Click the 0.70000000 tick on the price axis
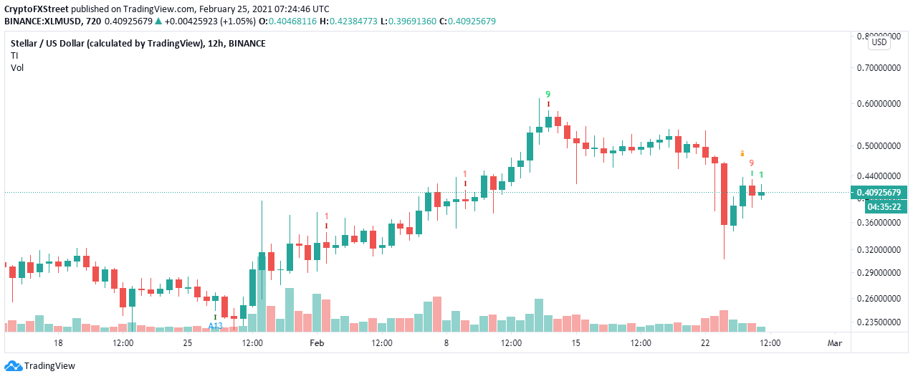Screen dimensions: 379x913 pyautogui.click(x=879, y=68)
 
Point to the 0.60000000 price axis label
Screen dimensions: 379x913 pyautogui.click(x=879, y=103)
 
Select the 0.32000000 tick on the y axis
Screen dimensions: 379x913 pyautogui.click(x=879, y=250)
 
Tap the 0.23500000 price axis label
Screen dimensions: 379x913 pyautogui.click(x=879, y=322)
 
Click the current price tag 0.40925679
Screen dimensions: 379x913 pyautogui.click(x=879, y=193)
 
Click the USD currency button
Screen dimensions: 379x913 pyautogui.click(x=879, y=42)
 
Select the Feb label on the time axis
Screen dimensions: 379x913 pyautogui.click(x=317, y=343)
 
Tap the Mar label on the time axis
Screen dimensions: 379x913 pyautogui.click(x=835, y=343)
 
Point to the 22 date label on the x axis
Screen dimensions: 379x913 pyautogui.click(x=705, y=343)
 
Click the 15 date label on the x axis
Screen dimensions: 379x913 pyautogui.click(x=575, y=343)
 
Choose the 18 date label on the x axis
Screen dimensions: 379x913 pyautogui.click(x=58, y=343)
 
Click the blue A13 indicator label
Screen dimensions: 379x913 pyautogui.click(x=215, y=325)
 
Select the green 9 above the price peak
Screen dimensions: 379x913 pyautogui.click(x=548, y=94)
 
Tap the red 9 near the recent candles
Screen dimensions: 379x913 pyautogui.click(x=751, y=163)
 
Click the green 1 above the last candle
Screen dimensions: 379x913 pyautogui.click(x=761, y=175)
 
